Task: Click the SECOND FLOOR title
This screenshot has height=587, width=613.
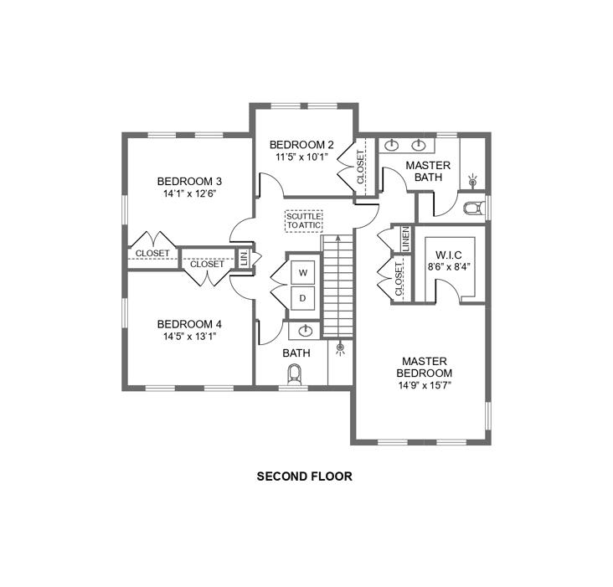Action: point(305,476)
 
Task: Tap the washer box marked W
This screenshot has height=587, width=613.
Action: point(302,272)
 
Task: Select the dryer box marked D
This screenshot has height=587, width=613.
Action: point(302,298)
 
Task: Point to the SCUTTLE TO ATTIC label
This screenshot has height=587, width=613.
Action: point(304,221)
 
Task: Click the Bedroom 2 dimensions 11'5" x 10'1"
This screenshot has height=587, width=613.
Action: point(301,157)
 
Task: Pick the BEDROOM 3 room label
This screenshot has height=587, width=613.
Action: point(189,182)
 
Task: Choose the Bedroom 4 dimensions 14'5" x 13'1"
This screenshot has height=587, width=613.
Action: point(189,337)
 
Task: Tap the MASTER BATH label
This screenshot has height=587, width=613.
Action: point(428,171)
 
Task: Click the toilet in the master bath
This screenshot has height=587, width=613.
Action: point(474,208)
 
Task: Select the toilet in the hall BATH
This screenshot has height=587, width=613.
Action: point(295,374)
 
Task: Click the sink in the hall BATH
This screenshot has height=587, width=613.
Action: point(306,332)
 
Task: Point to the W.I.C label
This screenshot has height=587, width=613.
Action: point(448,255)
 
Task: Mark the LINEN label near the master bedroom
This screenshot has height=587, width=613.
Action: point(406,239)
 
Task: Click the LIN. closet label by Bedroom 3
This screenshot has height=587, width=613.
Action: point(245,258)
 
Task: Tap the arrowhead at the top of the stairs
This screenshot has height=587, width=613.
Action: point(338,237)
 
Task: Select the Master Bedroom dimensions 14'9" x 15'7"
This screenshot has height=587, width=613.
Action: point(425,386)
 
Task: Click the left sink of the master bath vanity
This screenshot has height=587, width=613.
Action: point(391,145)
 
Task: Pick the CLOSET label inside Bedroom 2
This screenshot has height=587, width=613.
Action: point(360,167)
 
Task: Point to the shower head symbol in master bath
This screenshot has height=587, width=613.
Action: point(473,181)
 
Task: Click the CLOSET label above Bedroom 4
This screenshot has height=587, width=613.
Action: point(207,264)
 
